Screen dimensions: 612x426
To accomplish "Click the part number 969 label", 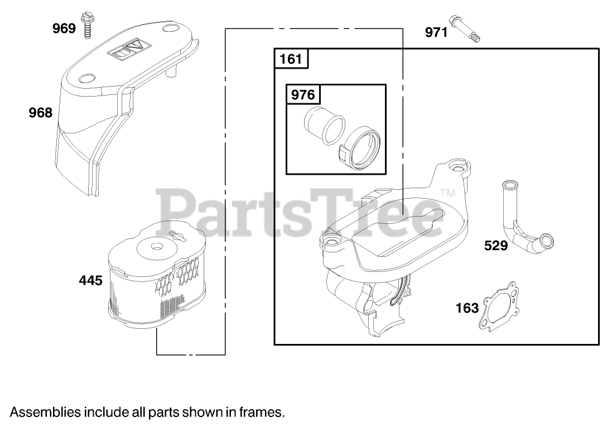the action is click(64, 28).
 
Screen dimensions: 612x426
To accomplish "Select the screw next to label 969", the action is click(86, 26).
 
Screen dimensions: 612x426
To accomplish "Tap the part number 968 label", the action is click(41, 113).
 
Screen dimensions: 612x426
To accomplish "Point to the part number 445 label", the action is click(90, 280).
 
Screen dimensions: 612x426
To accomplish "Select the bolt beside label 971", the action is click(465, 28).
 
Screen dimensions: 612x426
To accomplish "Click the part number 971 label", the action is click(436, 32).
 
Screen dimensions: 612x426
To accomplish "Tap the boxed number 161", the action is click(291, 59).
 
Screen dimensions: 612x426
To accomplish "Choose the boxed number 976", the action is click(303, 94).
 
